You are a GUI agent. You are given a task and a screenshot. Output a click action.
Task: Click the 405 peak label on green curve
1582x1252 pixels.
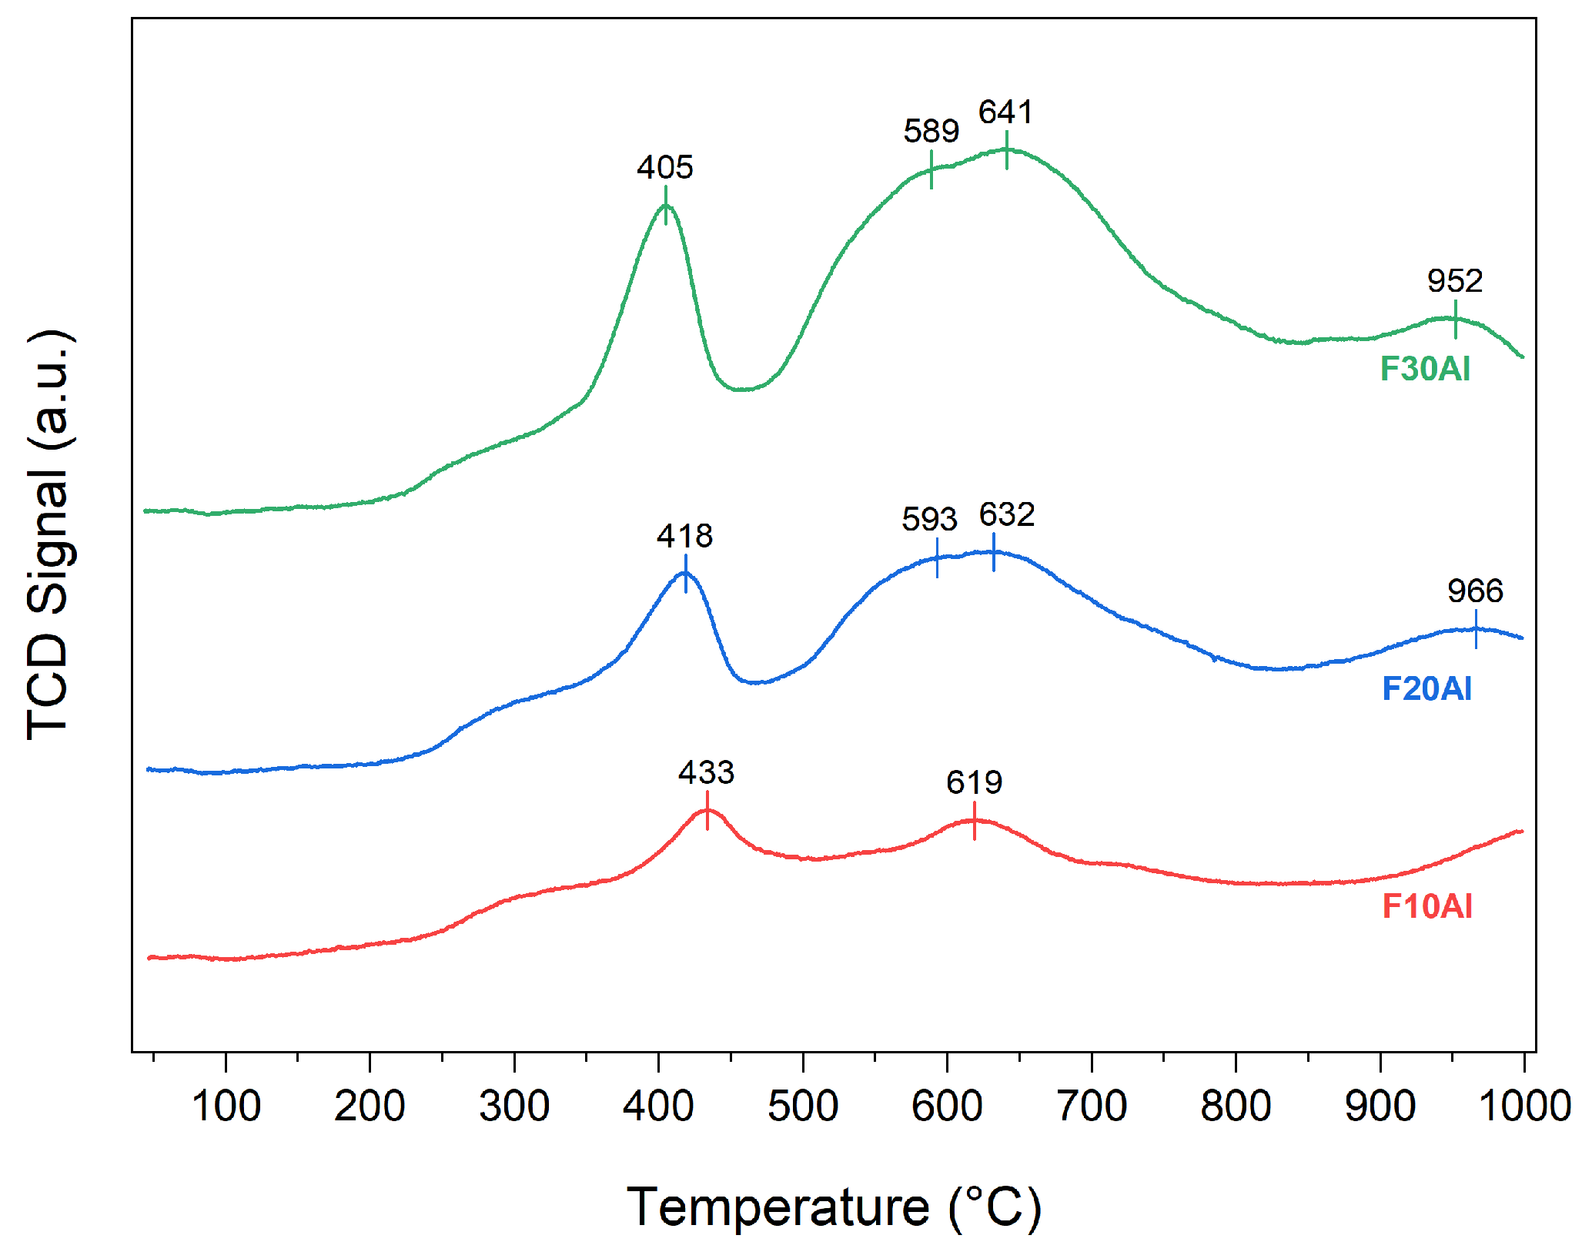coord(665,167)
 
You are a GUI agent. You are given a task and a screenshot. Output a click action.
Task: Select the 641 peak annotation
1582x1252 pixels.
coord(1005,112)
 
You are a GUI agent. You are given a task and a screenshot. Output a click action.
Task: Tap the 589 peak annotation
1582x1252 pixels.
coord(931,132)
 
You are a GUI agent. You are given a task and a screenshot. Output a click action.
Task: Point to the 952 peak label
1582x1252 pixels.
coord(1455,281)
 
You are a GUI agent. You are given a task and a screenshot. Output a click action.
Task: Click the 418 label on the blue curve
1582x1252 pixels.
coord(684,536)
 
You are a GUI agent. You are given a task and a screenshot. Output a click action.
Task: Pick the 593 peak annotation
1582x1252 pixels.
coord(929,520)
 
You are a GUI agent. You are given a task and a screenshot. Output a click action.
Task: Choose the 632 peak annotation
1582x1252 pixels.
coord(1007,515)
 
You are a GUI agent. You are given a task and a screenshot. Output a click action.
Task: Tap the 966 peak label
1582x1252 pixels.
coord(1475,591)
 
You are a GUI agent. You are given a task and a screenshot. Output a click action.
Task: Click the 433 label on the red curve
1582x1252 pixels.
coord(706,772)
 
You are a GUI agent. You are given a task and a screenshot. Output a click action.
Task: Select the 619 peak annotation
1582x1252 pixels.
coord(975,783)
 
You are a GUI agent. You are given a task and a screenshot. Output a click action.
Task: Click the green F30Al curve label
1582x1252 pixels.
coord(1425,369)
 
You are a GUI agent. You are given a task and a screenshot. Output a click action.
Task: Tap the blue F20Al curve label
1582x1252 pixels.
coord(1426,689)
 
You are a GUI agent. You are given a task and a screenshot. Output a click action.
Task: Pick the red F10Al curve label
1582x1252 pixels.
coord(1427,906)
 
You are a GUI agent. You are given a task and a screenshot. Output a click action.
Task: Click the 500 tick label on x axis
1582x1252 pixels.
coord(803,1106)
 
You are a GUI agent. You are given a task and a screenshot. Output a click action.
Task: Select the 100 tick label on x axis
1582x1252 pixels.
coord(226,1106)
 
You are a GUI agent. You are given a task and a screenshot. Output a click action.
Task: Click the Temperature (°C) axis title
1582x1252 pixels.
coord(834,1207)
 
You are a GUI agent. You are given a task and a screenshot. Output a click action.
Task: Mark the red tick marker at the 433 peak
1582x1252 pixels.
coord(707,811)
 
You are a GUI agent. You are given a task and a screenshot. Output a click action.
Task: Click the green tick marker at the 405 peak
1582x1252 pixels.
coord(666,206)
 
